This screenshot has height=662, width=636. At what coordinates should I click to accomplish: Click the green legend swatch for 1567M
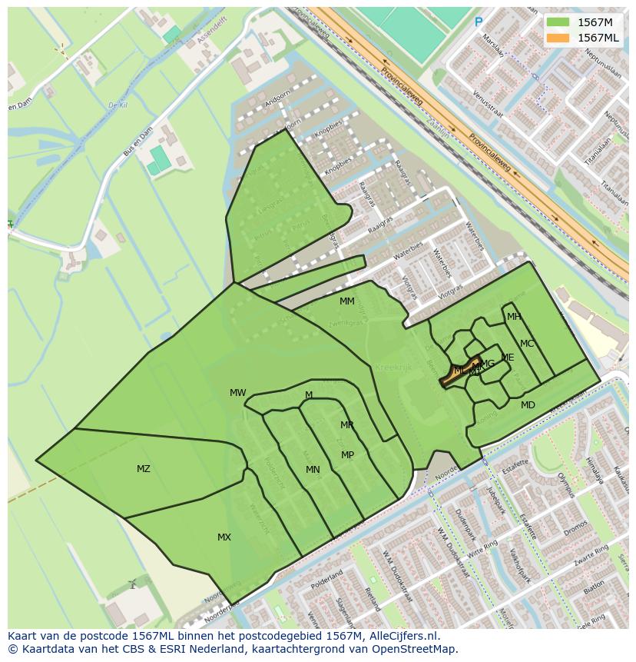coord(558,22)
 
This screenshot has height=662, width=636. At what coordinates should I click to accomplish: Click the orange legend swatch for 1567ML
coord(558,38)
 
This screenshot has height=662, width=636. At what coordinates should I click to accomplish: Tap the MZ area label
coord(144,469)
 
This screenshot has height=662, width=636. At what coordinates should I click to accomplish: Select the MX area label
coord(224,537)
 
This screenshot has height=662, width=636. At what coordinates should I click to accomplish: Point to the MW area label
coord(238,393)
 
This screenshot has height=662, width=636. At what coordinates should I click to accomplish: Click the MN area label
coord(313,470)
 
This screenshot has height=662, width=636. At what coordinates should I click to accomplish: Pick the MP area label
coord(348,455)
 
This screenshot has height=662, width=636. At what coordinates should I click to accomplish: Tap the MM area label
coord(347,301)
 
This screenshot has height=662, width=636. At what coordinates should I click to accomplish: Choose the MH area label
coord(514,317)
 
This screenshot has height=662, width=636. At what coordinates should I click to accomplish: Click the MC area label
coord(527,344)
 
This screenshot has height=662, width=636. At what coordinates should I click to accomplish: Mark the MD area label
coord(528,405)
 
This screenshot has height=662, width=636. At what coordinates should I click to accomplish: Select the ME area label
coord(508,358)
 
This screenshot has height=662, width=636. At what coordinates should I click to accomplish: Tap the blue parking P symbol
coord(479,22)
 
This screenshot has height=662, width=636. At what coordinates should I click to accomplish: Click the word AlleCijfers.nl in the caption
coord(402,636)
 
